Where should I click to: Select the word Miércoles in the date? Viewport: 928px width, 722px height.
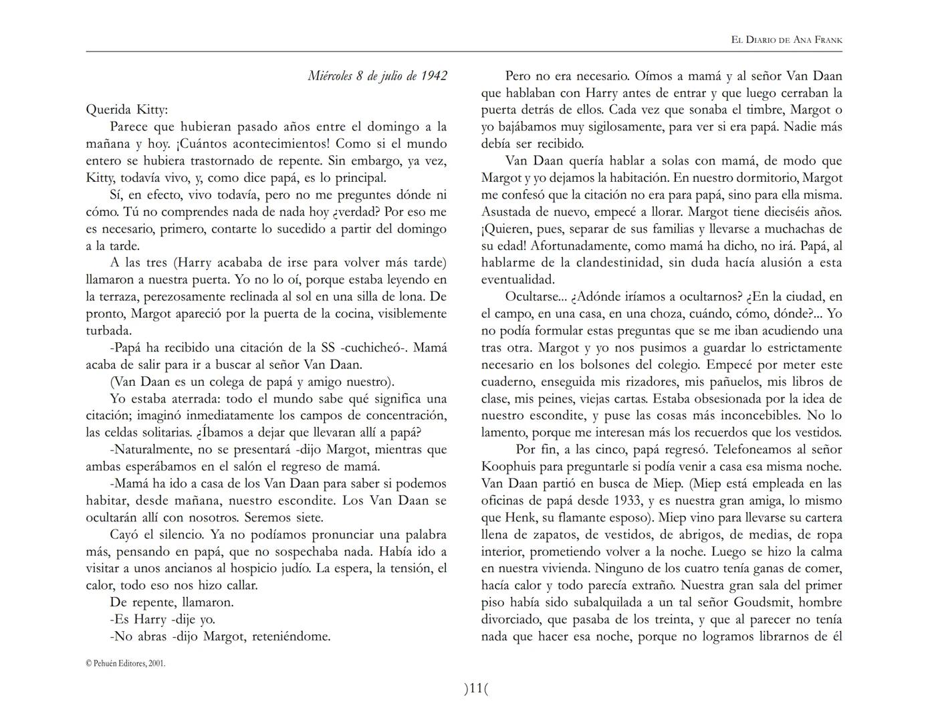(x=330, y=76)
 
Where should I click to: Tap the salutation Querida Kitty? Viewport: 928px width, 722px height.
(x=127, y=110)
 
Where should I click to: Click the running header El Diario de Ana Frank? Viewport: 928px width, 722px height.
(x=787, y=40)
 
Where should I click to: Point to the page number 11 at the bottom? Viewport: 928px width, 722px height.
(x=475, y=689)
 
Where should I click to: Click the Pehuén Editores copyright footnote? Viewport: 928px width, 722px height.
(x=126, y=663)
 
